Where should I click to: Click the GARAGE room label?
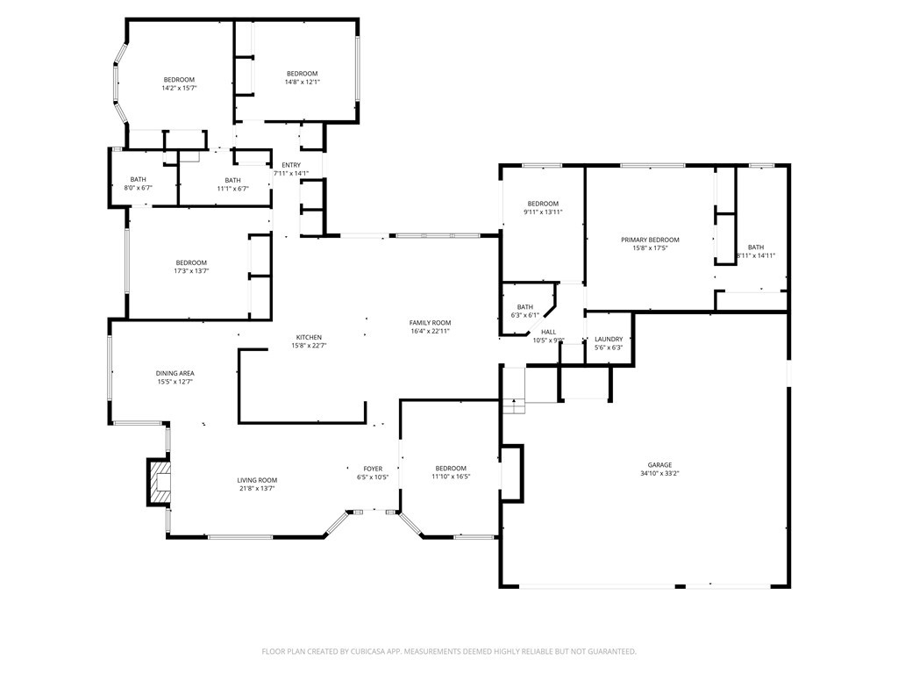pyautogui.click(x=659, y=465)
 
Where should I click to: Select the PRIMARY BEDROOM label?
pyautogui.click(x=650, y=240)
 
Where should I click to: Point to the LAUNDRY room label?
pyautogui.click(x=609, y=340)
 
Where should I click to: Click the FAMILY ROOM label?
pyautogui.click(x=430, y=323)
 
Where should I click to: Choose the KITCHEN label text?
pyautogui.click(x=309, y=338)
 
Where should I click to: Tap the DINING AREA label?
pyautogui.click(x=175, y=374)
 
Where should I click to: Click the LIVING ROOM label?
pyautogui.click(x=257, y=480)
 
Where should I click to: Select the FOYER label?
pyautogui.click(x=372, y=469)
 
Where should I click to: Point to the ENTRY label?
pyautogui.click(x=291, y=165)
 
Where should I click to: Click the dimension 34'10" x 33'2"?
pyautogui.click(x=659, y=474)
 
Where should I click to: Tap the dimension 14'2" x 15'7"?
pyautogui.click(x=179, y=88)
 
